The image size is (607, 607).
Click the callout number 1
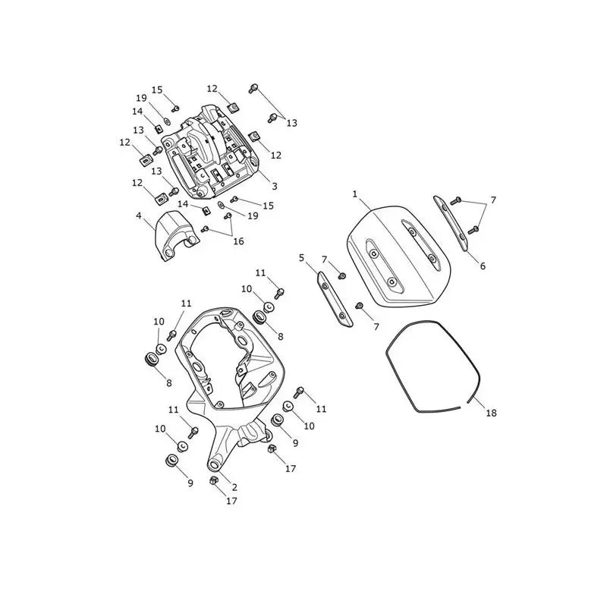click(355, 194)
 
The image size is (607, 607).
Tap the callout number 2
click(234, 487)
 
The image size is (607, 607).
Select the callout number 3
click(275, 186)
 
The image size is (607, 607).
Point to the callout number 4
click(139, 215)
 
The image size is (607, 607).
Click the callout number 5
click(301, 258)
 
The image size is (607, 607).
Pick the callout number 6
click(483, 266)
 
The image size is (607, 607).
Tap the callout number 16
click(239, 241)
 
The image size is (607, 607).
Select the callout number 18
click(491, 413)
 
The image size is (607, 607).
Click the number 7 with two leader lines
click(492, 200)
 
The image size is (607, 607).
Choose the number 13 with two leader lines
click(292, 123)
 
